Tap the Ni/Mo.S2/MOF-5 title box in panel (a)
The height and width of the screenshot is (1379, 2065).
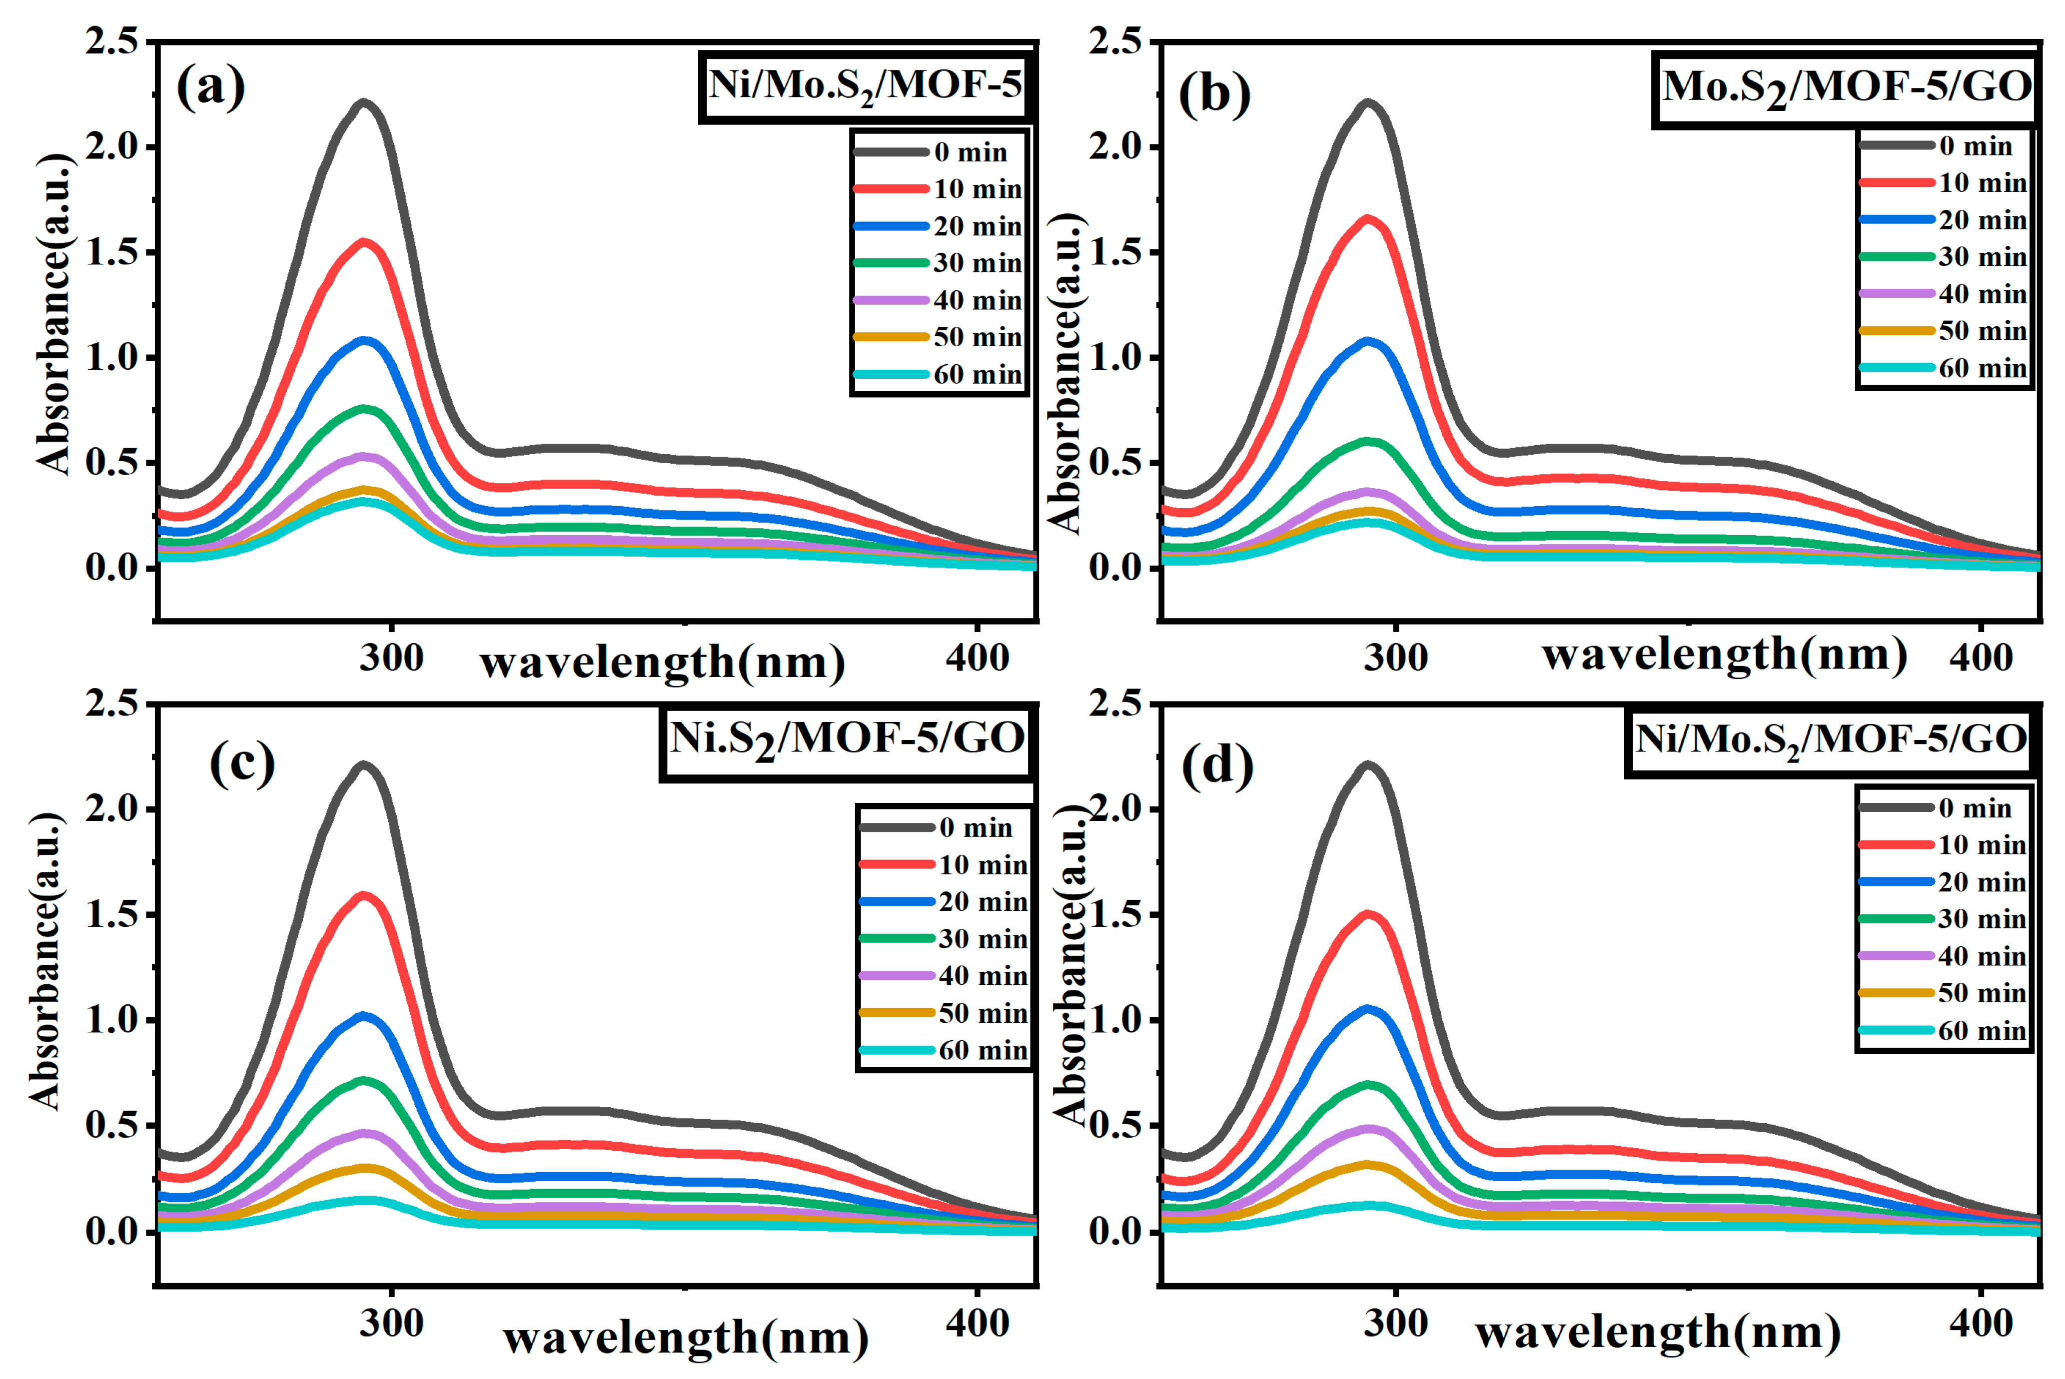(x=866, y=86)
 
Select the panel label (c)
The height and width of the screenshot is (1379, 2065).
(x=242, y=763)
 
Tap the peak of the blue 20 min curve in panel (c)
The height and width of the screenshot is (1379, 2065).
(x=364, y=1016)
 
